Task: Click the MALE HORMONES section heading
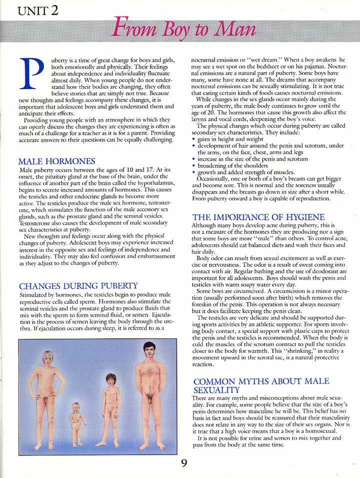point(56,162)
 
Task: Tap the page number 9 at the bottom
point(184,463)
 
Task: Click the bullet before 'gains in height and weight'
point(193,139)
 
